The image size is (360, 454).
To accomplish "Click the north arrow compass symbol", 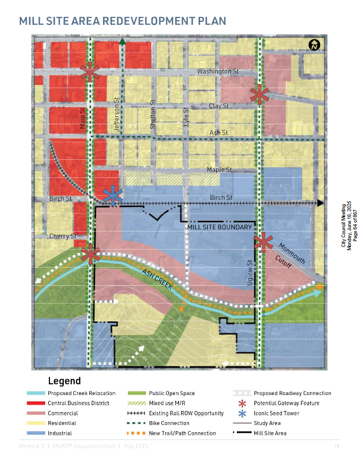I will [314, 46].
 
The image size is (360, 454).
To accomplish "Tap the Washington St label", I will [218, 71].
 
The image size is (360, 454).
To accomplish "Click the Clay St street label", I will [219, 106].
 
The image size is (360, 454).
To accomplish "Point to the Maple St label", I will [219, 170].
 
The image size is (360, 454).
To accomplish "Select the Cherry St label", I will [63, 236].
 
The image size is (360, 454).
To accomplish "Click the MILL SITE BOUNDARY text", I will [219, 227].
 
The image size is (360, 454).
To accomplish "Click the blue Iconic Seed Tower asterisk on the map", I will [113, 195].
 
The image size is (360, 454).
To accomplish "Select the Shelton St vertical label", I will [152, 115].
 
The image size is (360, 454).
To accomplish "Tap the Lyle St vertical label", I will [186, 117].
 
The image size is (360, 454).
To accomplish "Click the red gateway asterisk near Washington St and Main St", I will [90, 72].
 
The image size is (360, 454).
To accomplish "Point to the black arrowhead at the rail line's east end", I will [320, 203].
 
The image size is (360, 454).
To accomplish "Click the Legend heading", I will [64, 381].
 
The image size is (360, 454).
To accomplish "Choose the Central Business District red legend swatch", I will [35, 404].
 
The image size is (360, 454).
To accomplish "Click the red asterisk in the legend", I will [243, 404].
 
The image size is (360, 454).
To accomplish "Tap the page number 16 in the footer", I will [336, 445].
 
